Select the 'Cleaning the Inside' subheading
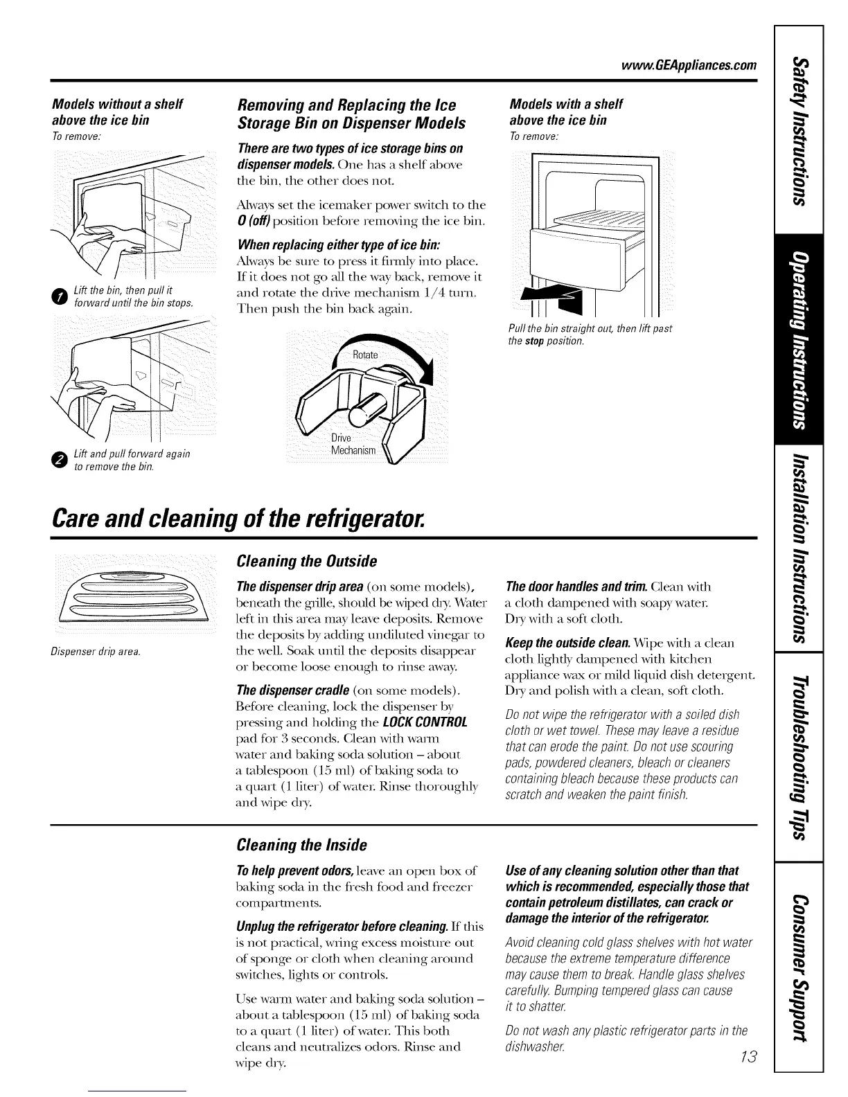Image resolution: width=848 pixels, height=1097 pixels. coord(301,844)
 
